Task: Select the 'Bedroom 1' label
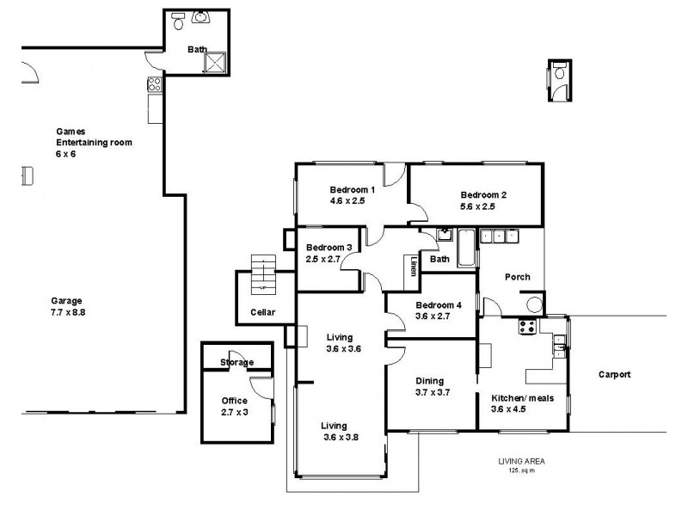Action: (352, 190)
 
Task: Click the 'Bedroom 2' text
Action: (482, 194)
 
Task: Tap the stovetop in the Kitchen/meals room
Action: (526, 327)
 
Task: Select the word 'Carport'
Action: (615, 374)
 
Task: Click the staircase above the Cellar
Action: (261, 273)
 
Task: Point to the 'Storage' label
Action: (236, 362)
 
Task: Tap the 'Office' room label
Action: (234, 401)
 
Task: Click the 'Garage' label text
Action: (66, 301)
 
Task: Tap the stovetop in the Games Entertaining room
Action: (154, 84)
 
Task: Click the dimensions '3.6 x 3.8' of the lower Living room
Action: (335, 437)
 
